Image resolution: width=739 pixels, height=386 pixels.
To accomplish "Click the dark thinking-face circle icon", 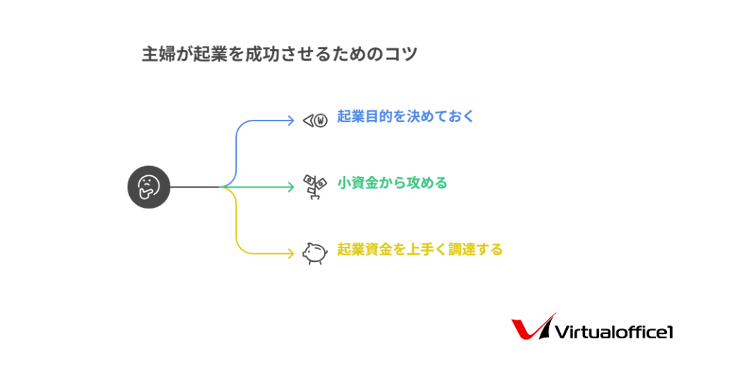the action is (149, 187).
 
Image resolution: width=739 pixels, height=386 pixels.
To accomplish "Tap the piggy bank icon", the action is (315, 253).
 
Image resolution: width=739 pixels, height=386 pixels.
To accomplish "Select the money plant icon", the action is (315, 187).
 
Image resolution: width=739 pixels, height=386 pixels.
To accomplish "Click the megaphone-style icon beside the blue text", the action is (315, 120).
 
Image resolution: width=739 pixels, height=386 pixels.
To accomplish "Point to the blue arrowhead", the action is (292, 120).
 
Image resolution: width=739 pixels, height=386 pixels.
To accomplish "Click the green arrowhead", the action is (292, 187).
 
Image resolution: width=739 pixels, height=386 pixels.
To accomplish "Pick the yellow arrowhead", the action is (292, 253).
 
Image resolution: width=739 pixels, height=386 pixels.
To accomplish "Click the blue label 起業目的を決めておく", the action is (406, 116).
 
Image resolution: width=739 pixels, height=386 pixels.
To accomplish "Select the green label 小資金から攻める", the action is (392, 183).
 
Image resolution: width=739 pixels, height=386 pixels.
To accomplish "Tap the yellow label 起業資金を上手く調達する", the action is (419, 250).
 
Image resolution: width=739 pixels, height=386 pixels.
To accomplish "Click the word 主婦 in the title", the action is (159, 54).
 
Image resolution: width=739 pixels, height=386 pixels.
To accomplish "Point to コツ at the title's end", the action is (401, 54).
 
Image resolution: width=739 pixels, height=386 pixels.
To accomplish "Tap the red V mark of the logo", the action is (533, 327).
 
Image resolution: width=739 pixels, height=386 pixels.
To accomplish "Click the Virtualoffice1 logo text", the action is (614, 332).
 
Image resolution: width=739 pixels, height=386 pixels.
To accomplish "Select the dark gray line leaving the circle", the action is (195, 187).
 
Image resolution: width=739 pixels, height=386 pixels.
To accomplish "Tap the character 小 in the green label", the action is (344, 183).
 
